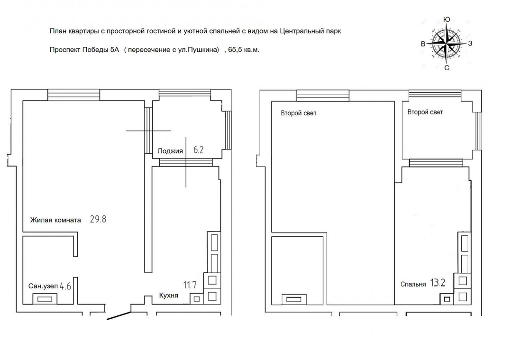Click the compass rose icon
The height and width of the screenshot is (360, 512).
(447, 44)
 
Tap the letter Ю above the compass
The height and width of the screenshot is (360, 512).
(447, 19)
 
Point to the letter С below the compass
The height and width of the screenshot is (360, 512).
(447, 68)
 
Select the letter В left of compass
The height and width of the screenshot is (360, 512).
(423, 44)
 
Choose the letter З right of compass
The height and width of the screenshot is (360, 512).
(470, 43)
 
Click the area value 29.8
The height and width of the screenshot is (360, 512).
(98, 219)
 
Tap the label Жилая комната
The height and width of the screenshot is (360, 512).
(55, 220)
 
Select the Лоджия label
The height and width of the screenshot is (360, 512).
(170, 151)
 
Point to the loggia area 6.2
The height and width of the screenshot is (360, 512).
(199, 150)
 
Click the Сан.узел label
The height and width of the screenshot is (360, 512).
(43, 286)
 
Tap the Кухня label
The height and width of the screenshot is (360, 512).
(168, 295)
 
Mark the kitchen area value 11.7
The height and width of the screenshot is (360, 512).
(190, 285)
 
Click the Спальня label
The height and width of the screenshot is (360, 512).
(413, 284)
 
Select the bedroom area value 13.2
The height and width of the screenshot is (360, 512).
(438, 283)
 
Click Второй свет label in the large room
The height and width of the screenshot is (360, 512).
(299, 113)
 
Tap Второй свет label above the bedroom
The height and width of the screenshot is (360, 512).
(425, 112)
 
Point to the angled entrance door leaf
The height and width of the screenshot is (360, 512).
(119, 315)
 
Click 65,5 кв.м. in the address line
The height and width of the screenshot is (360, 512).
(244, 50)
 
